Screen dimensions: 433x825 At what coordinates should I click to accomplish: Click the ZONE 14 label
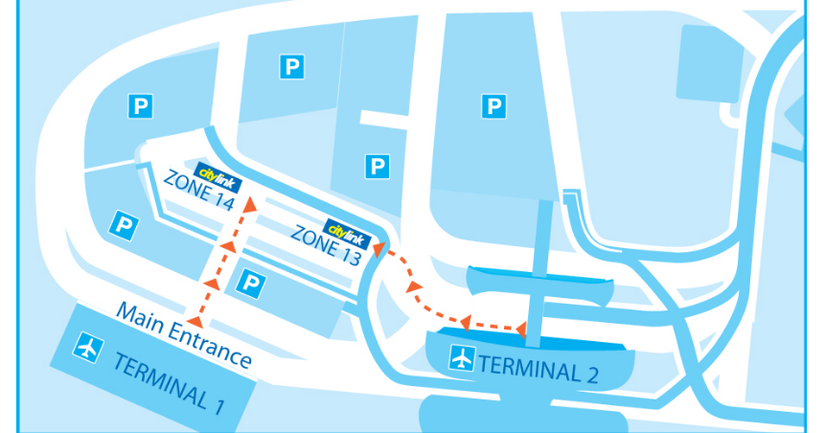(198, 190)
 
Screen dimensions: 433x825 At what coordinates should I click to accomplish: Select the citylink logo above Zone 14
(218, 174)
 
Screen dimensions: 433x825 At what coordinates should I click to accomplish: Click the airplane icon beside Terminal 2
(463, 359)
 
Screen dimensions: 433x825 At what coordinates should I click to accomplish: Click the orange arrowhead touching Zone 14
(250, 203)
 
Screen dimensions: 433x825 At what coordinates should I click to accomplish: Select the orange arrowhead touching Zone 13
(378, 250)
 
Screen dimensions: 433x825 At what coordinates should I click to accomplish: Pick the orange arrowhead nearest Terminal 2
(519, 330)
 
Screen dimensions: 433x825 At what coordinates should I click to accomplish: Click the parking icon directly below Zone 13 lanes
(250, 282)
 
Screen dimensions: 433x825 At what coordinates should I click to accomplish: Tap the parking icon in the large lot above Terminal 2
(493, 105)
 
